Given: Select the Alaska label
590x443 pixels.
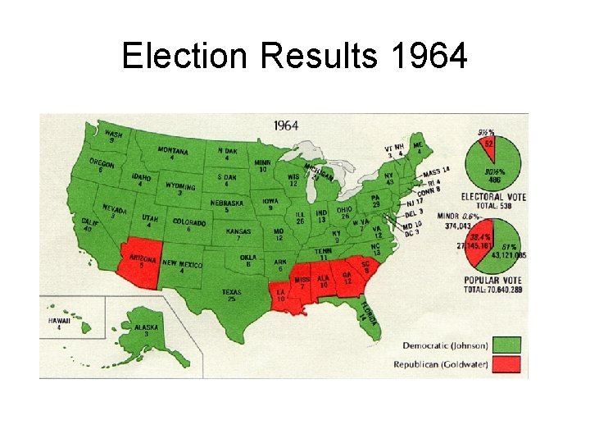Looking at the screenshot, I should pos(146,327).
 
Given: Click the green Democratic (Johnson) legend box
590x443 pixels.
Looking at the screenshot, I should pos(507,343).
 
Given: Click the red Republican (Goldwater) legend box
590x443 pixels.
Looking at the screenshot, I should pos(507,363).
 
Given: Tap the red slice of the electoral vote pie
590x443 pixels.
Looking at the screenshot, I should pos(488,144).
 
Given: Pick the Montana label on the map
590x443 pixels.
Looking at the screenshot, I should pos(172,153).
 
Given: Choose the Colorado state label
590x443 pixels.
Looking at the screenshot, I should pos(188,223).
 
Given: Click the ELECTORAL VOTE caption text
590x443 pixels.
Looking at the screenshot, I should pos(493,197).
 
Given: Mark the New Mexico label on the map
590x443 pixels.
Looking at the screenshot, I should pos(182,264).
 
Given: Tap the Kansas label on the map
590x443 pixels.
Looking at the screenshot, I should pos(238,233).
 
